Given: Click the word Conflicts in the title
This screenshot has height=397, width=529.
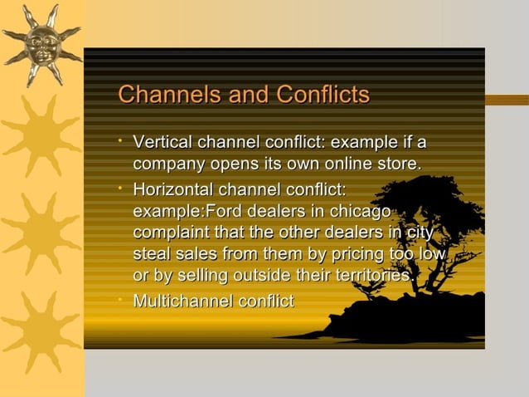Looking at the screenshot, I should (x=319, y=96).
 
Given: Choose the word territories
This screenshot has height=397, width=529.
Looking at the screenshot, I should (x=366, y=275).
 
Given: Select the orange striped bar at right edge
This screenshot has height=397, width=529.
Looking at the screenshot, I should (x=507, y=100).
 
